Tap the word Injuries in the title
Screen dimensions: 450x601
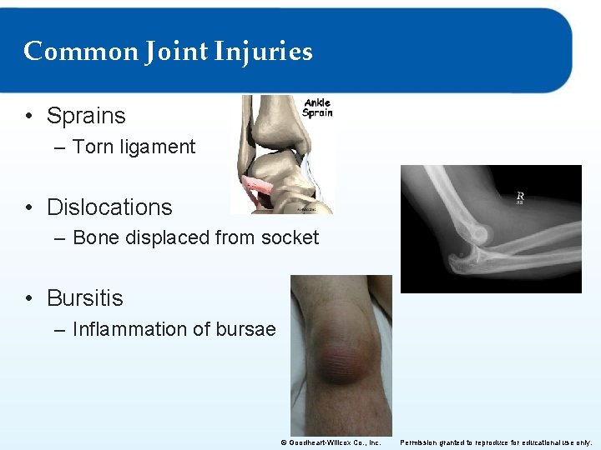point(263,52)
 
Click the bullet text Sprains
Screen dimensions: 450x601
point(86,116)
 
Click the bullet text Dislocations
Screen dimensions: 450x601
point(109,207)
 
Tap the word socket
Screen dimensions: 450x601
point(290,237)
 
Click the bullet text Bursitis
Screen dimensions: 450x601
point(84,297)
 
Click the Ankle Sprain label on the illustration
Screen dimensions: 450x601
point(317,108)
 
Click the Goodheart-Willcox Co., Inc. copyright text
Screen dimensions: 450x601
point(331,442)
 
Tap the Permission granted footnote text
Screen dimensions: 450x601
point(496,442)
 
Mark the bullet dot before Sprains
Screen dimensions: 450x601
point(29,117)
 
